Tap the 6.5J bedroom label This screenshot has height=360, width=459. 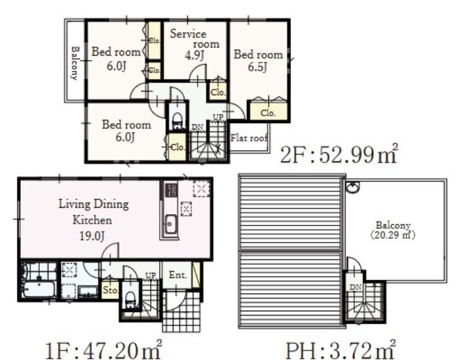coord(258,61)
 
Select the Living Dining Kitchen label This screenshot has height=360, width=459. coord(93,220)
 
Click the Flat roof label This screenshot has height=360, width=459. coord(249,138)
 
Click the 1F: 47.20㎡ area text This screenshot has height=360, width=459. coord(104,349)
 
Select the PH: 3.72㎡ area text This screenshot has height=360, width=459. coord(340,349)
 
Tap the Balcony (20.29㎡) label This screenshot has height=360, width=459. coord(393,231)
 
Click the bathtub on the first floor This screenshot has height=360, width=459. coord(39,289)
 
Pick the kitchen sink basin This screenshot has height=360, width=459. coord(170,224)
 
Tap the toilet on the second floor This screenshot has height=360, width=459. coord(177,121)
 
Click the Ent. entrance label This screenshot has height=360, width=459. coord(177,275)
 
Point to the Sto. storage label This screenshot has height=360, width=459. coord(110,290)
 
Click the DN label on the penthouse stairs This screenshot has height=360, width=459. coord(355,287)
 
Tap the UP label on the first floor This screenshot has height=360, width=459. coord(151,275)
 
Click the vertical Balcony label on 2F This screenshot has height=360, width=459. coord(75,63)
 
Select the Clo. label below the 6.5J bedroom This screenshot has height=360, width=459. coord(268,113)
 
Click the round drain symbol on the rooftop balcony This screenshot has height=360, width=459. coord(353,188)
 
